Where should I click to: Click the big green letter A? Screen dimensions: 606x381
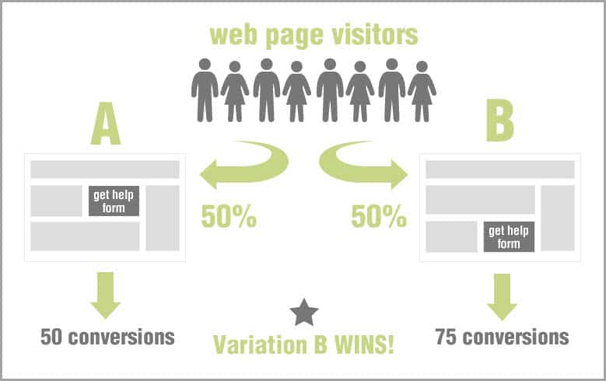tap(106, 124)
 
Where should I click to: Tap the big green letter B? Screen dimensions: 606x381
tap(500, 121)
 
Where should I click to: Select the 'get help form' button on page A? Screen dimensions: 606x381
tap(114, 201)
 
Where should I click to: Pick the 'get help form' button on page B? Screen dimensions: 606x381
tap(509, 236)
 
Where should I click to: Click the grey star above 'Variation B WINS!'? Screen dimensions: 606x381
tap(304, 313)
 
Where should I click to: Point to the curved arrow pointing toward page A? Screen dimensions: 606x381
tap(243, 166)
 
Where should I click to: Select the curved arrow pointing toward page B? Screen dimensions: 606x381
tap(363, 166)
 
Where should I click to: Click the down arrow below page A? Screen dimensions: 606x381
tap(106, 295)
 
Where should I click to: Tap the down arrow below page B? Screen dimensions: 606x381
tap(502, 297)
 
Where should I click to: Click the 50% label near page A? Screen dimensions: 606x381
tap(229, 216)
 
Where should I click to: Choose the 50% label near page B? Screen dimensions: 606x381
tap(379, 216)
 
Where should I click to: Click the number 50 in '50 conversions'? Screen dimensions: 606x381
tap(51, 337)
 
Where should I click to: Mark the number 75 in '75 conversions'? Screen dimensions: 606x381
tap(446, 337)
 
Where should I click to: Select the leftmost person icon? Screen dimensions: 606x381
tap(205, 90)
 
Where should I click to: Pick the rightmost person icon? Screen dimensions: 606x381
tap(422, 92)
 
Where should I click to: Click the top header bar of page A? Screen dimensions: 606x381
tap(105, 170)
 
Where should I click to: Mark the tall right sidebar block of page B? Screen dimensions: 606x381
tap(558, 218)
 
